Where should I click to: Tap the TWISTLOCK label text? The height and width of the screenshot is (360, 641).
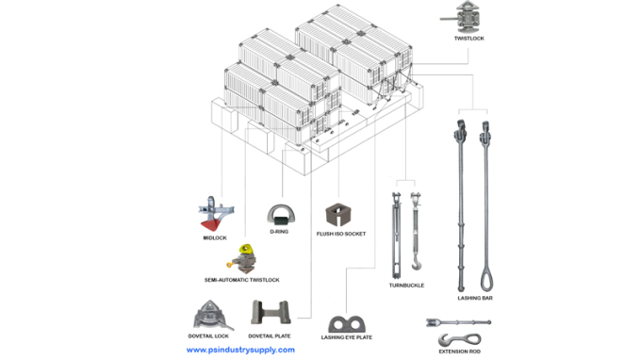tap(468, 39)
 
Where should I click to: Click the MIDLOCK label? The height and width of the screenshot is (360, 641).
tap(215, 237)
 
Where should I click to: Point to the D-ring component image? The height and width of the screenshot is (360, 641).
tap(281, 215)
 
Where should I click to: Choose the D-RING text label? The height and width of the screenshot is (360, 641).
tap(279, 232)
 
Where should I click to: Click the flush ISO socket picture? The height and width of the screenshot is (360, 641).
tap(338, 215)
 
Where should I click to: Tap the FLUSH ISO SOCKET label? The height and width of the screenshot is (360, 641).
tap(341, 234)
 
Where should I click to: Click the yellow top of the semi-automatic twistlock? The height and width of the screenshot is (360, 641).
tap(246, 250)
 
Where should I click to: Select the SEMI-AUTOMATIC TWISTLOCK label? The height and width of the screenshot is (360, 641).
tap(242, 280)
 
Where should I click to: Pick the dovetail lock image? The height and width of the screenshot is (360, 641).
tap(213, 315)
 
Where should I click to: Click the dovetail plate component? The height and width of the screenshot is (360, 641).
tap(271, 313)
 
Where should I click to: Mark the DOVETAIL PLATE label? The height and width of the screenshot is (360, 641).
tap(270, 335)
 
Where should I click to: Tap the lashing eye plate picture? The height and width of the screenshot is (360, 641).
tap(346, 324)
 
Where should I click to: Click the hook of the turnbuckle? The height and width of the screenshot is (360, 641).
tap(416, 262)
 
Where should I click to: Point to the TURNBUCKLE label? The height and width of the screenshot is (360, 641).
tap(406, 286)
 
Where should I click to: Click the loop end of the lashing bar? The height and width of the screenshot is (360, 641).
tap(486, 280)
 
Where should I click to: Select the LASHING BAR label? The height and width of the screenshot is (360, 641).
tap(475, 298)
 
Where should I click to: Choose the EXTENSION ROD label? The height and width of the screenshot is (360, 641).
tap(459, 352)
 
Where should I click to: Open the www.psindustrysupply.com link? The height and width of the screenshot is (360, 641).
tap(240, 350)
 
